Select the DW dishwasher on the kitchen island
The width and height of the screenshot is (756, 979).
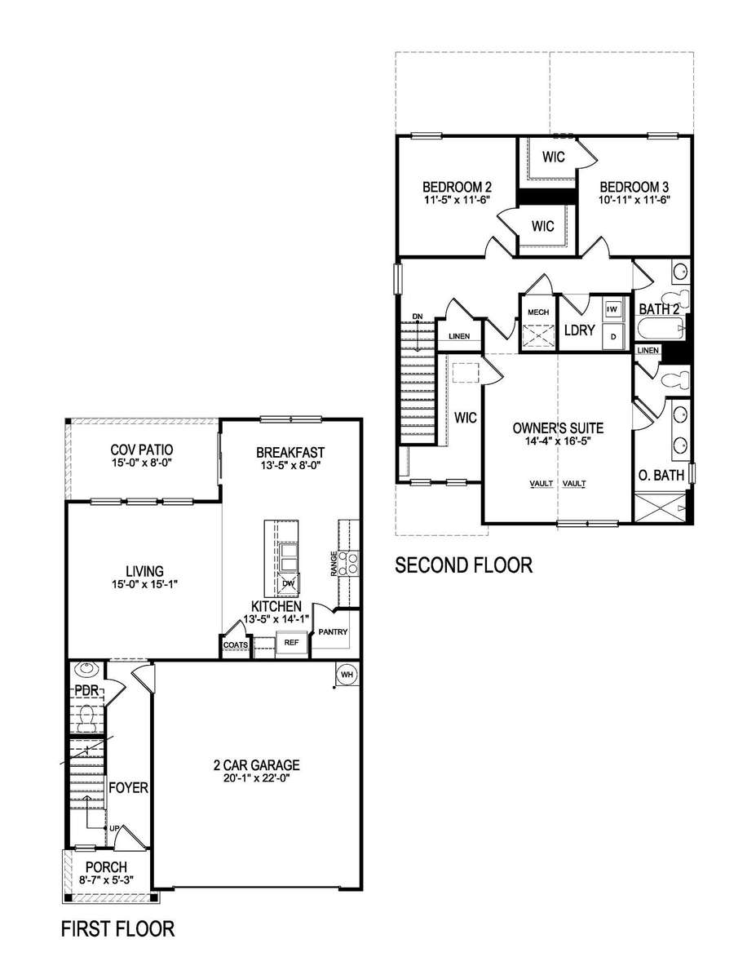coord(288,584)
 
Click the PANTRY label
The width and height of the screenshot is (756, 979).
coord(333,631)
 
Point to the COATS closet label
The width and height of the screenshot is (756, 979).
coord(236,645)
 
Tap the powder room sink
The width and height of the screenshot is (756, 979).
coord(86,669)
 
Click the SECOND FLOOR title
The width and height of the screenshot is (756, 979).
coord(464,565)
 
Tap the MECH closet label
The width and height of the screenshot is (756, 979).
coord(538,312)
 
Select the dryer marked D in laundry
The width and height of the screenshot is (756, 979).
coord(613,337)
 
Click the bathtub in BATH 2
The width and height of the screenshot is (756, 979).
coord(659,329)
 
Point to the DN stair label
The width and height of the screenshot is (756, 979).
coord(418,317)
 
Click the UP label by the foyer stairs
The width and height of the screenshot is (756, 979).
coord(113,829)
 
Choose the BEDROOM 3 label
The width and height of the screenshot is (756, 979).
coord(634,187)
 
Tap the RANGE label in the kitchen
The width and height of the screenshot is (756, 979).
coord(334,563)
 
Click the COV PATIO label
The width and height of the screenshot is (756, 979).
coord(142,450)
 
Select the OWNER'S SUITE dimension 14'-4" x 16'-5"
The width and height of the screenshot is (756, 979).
coord(558,441)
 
